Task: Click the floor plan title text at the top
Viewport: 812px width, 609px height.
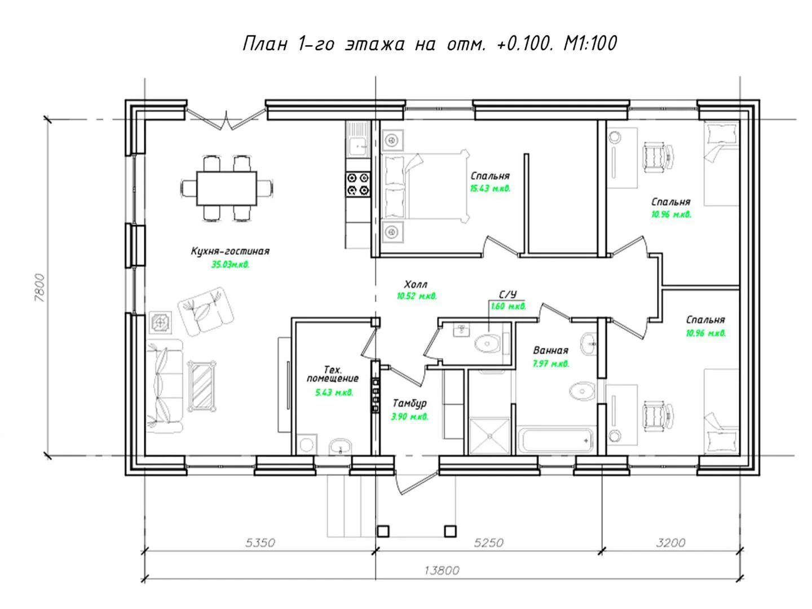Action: point(429,43)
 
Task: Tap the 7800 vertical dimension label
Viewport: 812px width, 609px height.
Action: point(39,288)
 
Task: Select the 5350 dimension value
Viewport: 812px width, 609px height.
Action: point(260,542)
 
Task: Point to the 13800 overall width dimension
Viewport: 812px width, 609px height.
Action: point(442,570)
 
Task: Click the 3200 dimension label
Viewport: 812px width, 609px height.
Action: point(670,542)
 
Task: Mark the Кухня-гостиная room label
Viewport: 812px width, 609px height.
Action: point(230,251)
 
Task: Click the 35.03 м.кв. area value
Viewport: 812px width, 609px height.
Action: point(230,264)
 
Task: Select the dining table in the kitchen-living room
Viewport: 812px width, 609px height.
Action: point(226,188)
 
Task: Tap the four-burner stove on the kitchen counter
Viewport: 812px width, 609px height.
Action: point(358,184)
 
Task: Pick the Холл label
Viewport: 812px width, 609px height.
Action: point(416,284)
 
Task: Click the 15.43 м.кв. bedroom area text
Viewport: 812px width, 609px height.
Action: point(490,188)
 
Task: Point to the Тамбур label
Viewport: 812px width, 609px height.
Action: point(409,403)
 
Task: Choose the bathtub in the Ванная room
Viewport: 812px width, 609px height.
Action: point(556,440)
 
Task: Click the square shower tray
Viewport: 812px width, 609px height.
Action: point(489,436)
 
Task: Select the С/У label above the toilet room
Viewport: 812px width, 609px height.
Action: point(507,294)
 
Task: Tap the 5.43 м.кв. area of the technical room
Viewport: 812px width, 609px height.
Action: point(334,392)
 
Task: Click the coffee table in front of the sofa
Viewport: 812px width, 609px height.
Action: point(202,386)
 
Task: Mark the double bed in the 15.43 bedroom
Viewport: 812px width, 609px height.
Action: point(425,186)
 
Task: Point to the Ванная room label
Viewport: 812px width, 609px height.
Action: point(550,350)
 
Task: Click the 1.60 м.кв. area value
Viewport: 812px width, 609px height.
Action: point(508,306)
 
